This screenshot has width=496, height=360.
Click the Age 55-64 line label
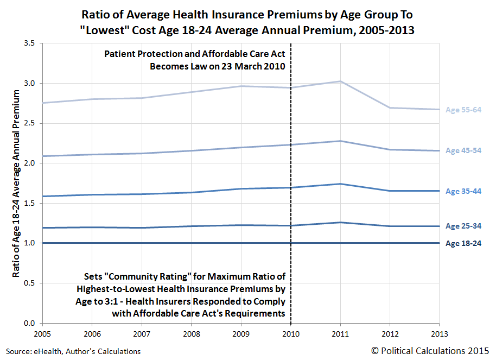point(463,110)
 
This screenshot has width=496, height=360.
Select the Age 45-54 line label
point(463,150)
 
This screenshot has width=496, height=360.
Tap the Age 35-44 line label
point(463,191)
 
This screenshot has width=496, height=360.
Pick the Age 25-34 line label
point(463,226)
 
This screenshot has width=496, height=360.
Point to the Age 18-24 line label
point(463,243)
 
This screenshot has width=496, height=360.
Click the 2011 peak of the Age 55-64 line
point(340,81)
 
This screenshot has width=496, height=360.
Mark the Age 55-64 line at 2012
point(389,108)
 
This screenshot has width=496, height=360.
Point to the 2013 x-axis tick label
point(438,333)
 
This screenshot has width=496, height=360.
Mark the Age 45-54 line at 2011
point(340,141)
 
